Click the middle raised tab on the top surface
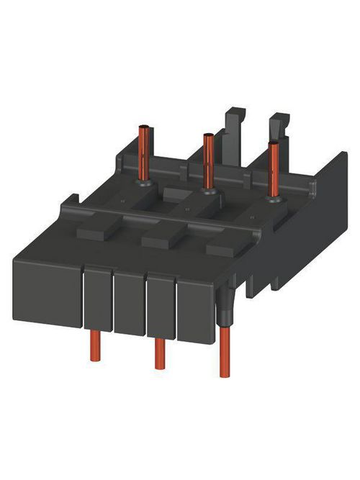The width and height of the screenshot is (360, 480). (x=159, y=239)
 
